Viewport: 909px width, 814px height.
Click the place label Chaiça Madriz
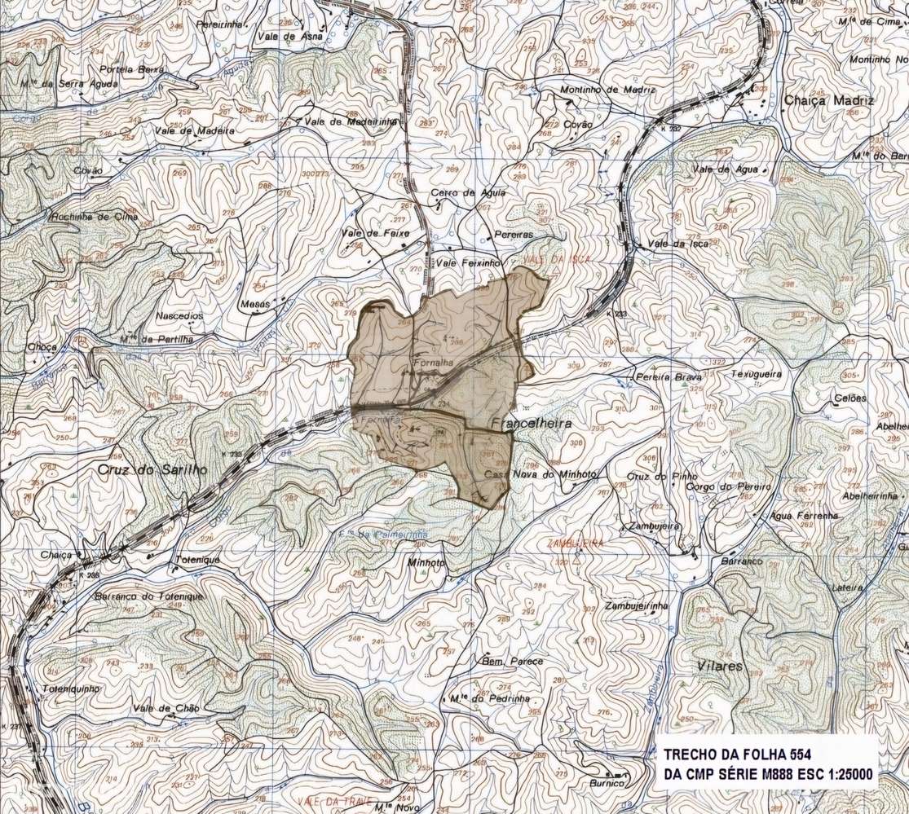[828, 101]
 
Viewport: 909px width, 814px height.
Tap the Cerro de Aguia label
[468, 193]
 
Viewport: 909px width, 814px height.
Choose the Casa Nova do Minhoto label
[542, 474]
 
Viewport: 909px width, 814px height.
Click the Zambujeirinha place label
[636, 606]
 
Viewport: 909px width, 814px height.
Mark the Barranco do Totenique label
[137, 596]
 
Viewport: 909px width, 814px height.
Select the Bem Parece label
[513, 661]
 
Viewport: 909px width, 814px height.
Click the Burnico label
[607, 783]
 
